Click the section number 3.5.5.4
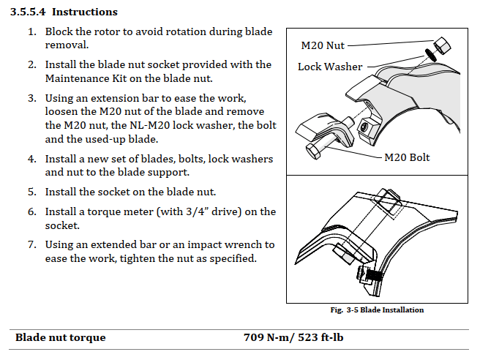point(28,12)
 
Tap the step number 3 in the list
point(31,97)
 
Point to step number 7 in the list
point(31,244)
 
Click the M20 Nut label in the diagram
point(323,45)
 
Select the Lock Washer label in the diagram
point(330,67)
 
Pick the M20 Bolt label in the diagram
point(407,157)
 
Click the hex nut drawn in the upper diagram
point(441,44)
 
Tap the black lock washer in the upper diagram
point(431,56)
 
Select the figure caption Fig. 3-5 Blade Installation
point(377,310)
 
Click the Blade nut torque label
point(61,338)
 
